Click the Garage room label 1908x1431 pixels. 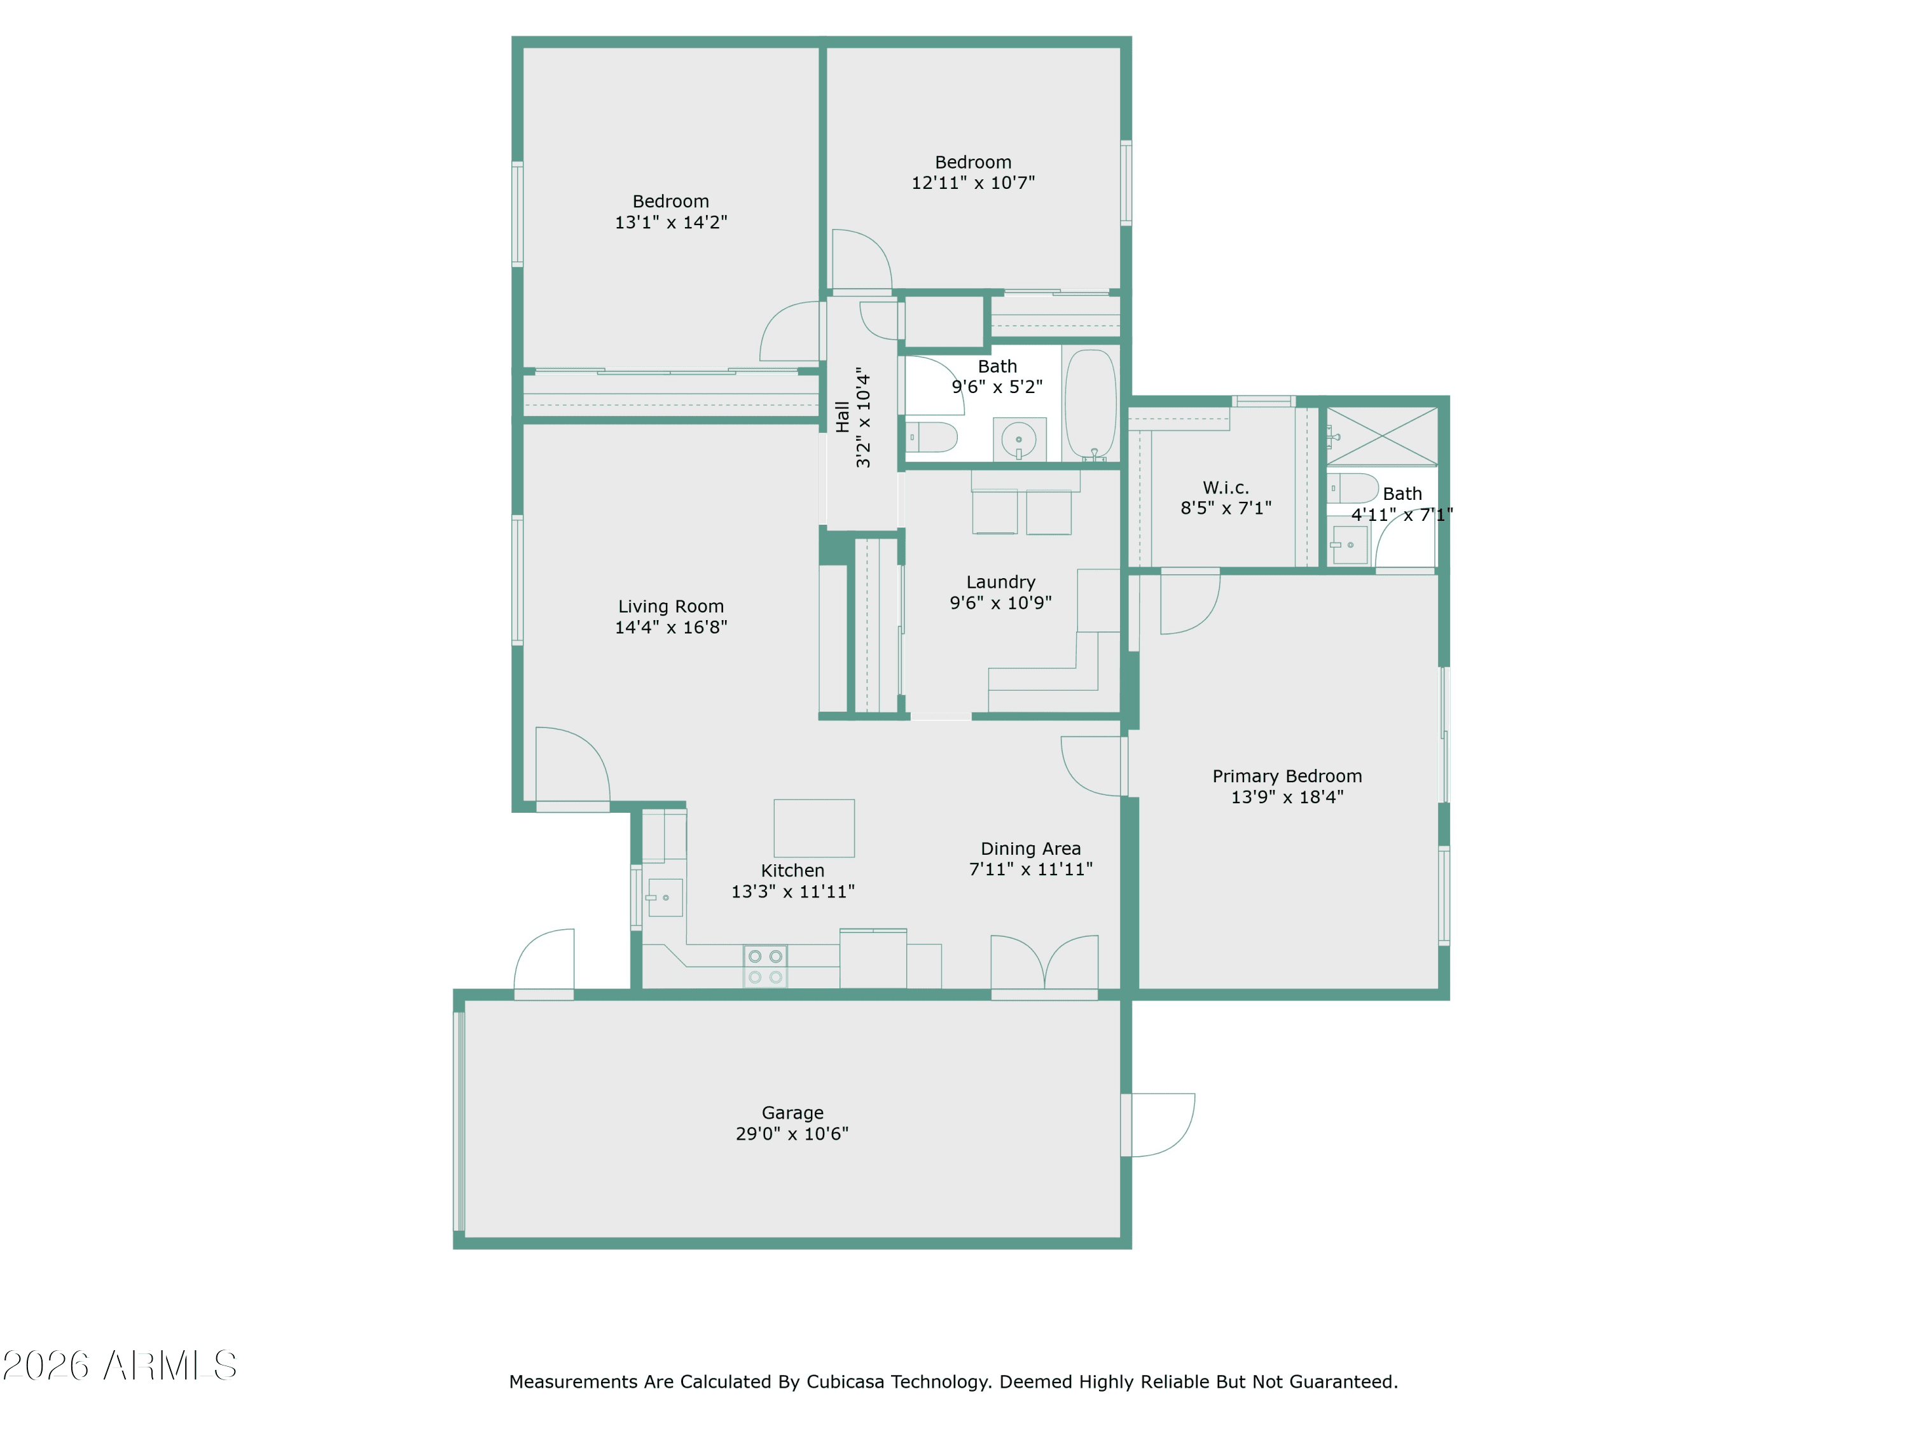tap(792, 1113)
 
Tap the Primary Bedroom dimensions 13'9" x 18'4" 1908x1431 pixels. tap(1287, 797)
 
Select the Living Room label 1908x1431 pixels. tap(671, 606)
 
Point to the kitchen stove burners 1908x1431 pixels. tap(765, 966)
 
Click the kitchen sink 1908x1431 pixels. tap(665, 898)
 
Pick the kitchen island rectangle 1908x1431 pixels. tap(814, 828)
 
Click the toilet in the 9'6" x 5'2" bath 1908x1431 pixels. tap(932, 438)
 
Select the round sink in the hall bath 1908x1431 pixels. tap(1019, 440)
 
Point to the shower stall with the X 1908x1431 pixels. tap(1382, 436)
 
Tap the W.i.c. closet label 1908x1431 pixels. tap(1226, 487)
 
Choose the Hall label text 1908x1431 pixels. tap(843, 417)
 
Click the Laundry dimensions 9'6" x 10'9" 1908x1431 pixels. tap(1000, 603)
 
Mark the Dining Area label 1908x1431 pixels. tap(1031, 849)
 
